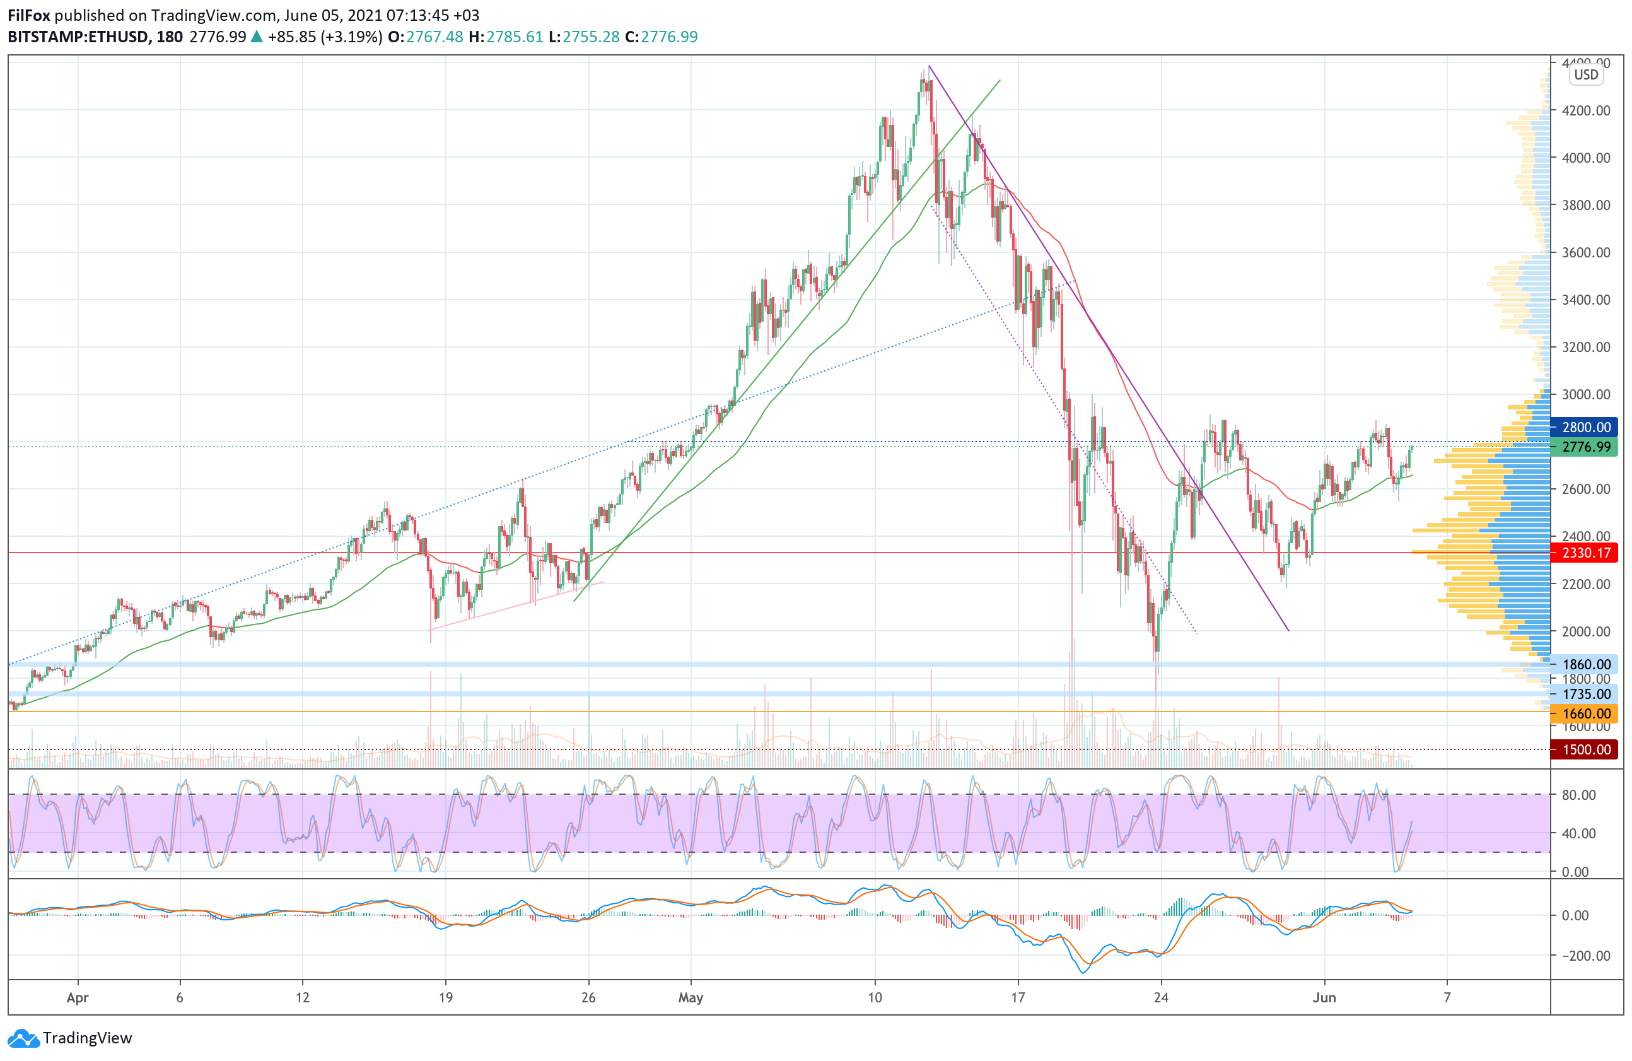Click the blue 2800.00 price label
pyautogui.click(x=1585, y=427)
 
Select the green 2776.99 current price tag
pyautogui.click(x=1585, y=447)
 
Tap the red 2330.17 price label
pyautogui.click(x=1585, y=553)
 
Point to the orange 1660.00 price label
pyautogui.click(x=1585, y=714)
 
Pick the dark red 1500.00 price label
pyautogui.click(x=1585, y=749)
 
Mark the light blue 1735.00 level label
pyautogui.click(x=1585, y=694)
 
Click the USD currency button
pyautogui.click(x=1585, y=75)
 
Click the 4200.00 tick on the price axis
pyautogui.click(x=1586, y=110)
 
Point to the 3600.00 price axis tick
pyautogui.click(x=1586, y=252)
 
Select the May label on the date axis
pyautogui.click(x=691, y=998)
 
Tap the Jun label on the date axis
pyautogui.click(x=1324, y=998)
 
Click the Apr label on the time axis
pyautogui.click(x=78, y=998)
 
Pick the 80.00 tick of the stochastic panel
pyautogui.click(x=1578, y=795)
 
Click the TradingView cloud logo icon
pyautogui.click(x=24, y=1038)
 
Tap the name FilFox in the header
pyautogui.click(x=29, y=15)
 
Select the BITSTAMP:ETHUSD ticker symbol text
pyautogui.click(x=78, y=37)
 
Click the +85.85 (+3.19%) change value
pyautogui.click(x=324, y=37)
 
